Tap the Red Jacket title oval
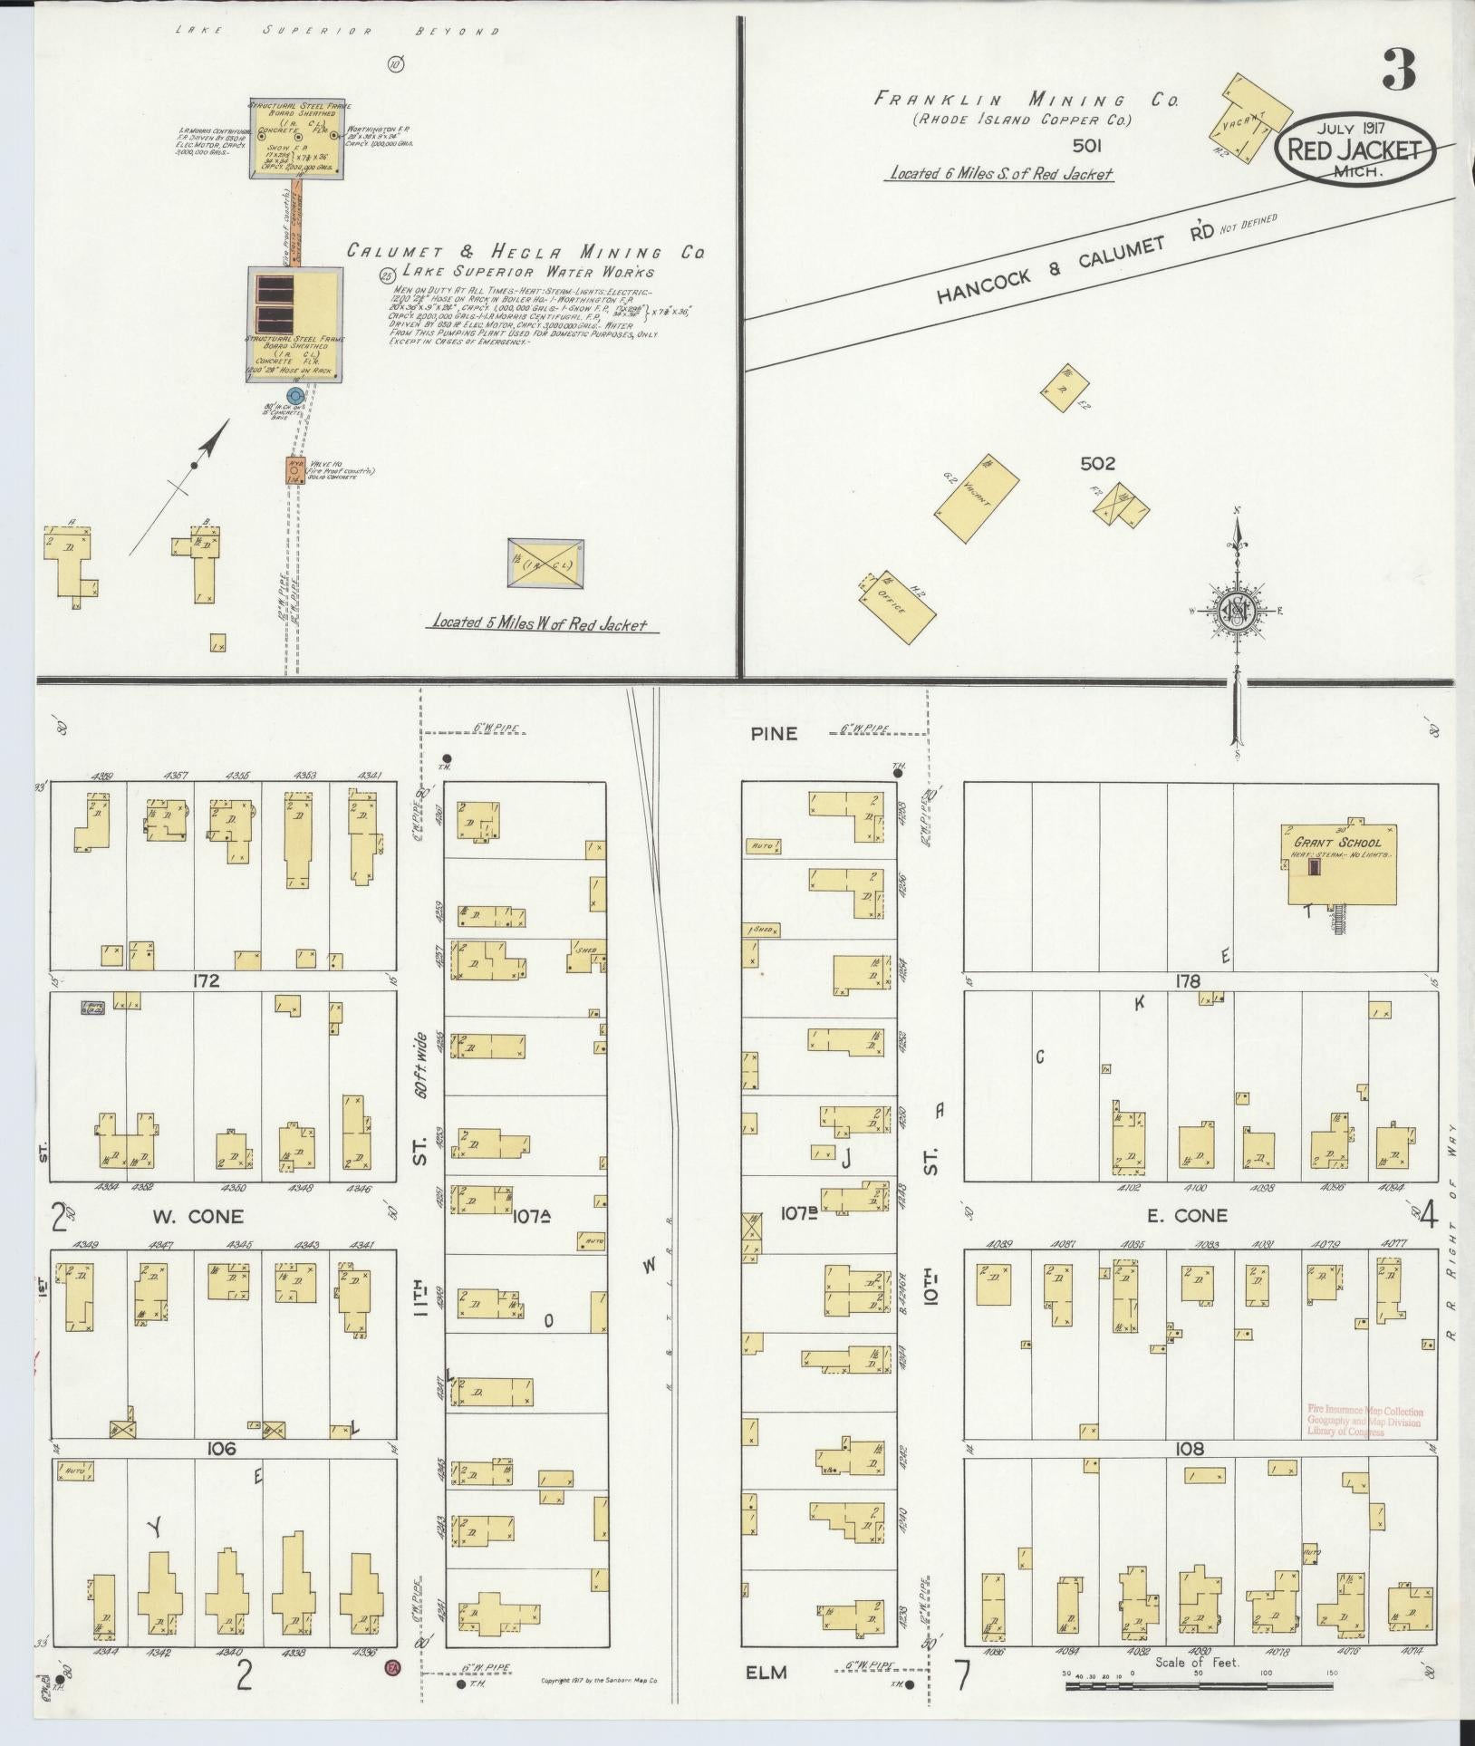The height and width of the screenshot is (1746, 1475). pos(1355,150)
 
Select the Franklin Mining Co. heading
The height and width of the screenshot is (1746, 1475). pos(1026,101)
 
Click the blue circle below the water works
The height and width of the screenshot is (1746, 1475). pos(294,396)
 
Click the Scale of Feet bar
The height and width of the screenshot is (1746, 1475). pos(1195,1687)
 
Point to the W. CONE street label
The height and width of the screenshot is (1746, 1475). pos(217,1216)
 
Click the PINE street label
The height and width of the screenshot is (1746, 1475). pos(773,733)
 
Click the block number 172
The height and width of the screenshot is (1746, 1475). pos(206,981)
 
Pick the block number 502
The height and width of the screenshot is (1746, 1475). pos(1097,464)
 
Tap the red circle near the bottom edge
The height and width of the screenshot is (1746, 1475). pos(392,1667)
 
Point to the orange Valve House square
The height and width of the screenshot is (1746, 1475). pos(295,470)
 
